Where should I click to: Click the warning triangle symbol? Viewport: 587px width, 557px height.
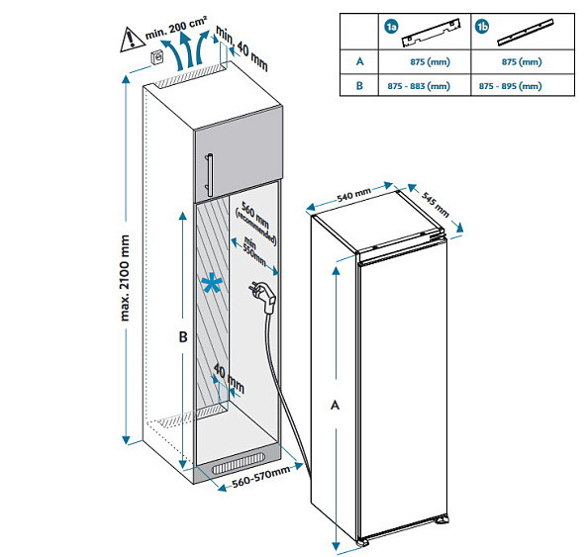(x=133, y=40)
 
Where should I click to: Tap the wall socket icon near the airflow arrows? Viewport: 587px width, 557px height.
(x=156, y=58)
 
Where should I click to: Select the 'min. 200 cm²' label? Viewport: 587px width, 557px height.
(x=176, y=28)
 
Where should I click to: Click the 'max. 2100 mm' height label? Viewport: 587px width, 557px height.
(x=125, y=278)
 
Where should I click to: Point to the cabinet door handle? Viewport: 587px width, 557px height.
(x=209, y=175)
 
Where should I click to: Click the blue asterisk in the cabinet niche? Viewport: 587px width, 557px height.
(x=212, y=283)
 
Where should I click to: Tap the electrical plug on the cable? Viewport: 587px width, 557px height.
(x=262, y=297)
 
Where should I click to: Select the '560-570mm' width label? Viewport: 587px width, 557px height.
(x=261, y=477)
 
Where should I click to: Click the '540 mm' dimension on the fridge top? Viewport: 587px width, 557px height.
(x=354, y=195)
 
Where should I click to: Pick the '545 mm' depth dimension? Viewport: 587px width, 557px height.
(x=436, y=204)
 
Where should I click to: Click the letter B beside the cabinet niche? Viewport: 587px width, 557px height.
(x=183, y=337)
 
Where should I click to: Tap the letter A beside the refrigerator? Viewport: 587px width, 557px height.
(x=335, y=405)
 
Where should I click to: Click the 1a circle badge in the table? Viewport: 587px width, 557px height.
(x=392, y=27)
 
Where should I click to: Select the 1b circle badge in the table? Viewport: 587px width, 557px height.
(x=482, y=27)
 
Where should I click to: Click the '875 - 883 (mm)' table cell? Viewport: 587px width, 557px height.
(x=419, y=86)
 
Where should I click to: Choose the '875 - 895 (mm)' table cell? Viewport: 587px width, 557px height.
(x=510, y=86)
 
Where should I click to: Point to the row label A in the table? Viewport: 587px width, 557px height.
(x=359, y=61)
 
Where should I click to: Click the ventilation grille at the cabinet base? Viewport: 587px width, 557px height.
(x=239, y=464)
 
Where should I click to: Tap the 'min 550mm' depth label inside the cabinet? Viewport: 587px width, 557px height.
(x=253, y=250)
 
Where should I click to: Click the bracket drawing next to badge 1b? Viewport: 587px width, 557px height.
(x=526, y=33)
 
